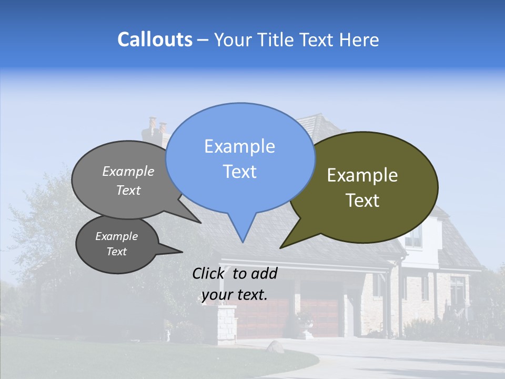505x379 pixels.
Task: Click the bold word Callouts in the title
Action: (x=155, y=39)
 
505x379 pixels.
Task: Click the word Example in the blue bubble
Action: (x=239, y=146)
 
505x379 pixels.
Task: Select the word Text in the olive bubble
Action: (x=362, y=201)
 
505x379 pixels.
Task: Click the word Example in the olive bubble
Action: (x=362, y=175)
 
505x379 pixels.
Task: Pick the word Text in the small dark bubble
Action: (x=117, y=252)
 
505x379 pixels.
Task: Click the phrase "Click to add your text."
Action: (x=234, y=284)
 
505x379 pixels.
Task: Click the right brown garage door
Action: (x=320, y=317)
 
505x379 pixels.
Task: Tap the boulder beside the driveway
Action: (x=275, y=346)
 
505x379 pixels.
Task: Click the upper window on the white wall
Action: (x=413, y=237)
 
